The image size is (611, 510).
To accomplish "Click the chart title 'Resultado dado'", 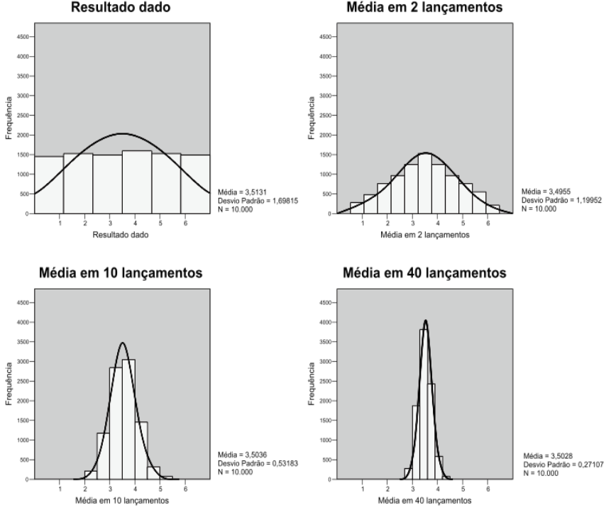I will click(x=122, y=8).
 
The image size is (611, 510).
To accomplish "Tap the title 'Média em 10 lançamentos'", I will click(x=122, y=275).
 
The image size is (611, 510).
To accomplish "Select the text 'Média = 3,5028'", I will click(x=543, y=456).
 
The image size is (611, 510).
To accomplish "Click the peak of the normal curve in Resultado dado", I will click(x=122, y=133).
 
